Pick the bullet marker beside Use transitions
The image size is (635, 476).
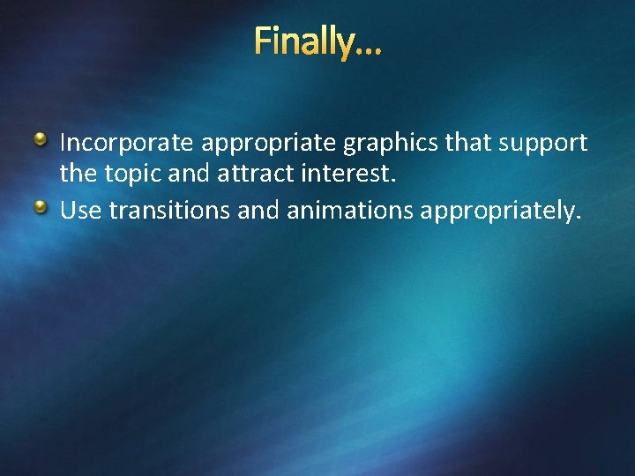pos(41,207)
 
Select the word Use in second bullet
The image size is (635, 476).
pos(78,212)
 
